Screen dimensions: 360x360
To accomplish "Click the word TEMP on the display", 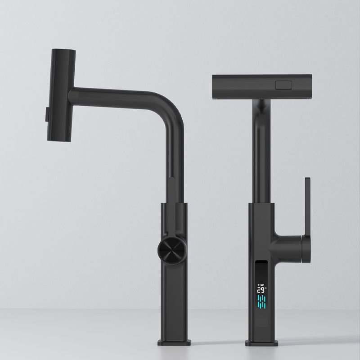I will point(261,285).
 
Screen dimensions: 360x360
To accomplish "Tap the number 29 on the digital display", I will point(260,291).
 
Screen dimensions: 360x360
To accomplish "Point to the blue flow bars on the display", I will point(261,302).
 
